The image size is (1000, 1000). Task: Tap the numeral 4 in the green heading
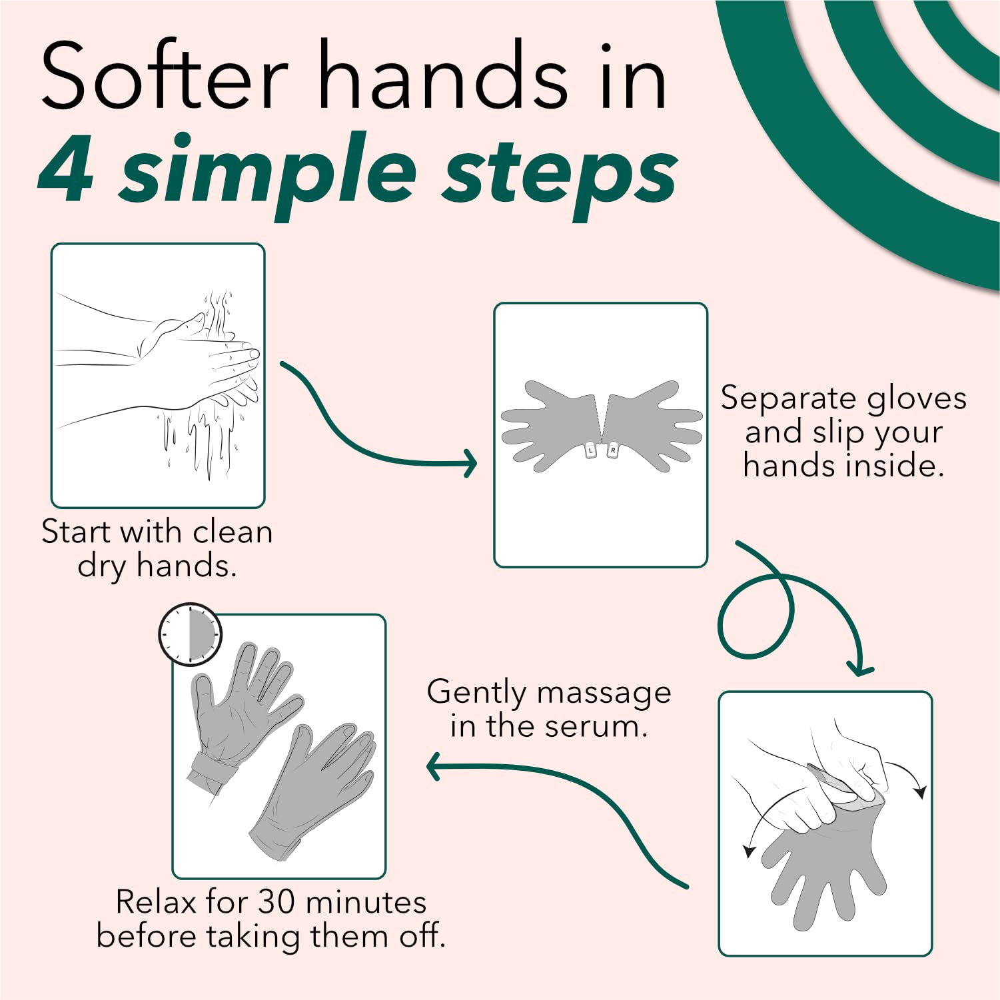tap(65, 169)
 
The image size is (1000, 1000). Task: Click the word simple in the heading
tap(268, 175)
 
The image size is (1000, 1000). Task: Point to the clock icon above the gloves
tap(190, 634)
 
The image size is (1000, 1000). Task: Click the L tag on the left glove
tap(590, 451)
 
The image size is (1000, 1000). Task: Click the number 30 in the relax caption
tap(276, 902)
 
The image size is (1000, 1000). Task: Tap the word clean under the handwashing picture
tap(233, 532)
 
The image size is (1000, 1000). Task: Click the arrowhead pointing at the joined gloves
tap(470, 464)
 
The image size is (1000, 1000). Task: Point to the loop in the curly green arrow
tap(755, 616)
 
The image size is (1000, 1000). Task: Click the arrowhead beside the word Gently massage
tap(433, 767)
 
